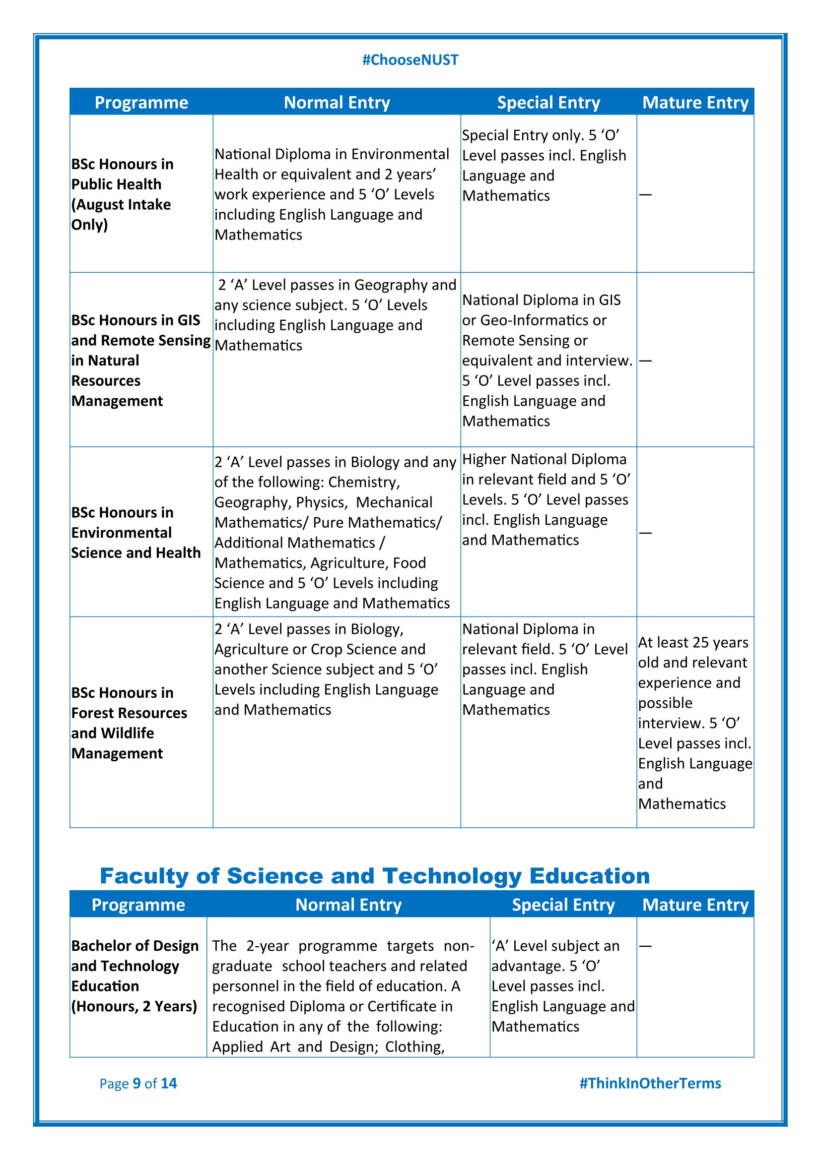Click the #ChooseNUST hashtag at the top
coord(410,60)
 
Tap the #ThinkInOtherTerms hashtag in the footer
coord(650,1083)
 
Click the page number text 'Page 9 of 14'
coord(138,1083)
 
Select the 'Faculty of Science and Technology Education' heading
coord(375,875)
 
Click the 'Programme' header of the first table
coord(141,103)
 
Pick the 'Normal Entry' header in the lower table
coord(348,905)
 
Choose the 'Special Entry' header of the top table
coord(548,103)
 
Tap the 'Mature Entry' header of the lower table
coord(695,905)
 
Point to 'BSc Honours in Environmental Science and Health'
coord(136,533)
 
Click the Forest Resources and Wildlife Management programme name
coord(129,723)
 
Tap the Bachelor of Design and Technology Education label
coord(135,976)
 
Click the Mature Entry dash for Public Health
coord(646,194)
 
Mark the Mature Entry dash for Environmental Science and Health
coord(646,533)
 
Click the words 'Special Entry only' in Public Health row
coord(523,135)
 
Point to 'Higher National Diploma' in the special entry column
coord(545,459)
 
